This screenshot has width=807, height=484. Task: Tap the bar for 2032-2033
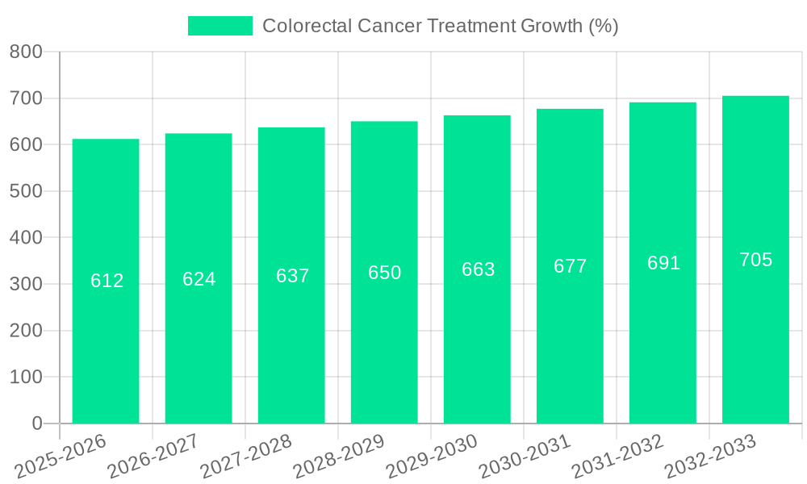(755, 339)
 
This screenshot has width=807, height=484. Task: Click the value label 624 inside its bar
(199, 279)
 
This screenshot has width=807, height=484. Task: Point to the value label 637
(292, 276)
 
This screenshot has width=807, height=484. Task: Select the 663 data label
(478, 269)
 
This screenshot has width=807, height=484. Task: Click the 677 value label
(570, 266)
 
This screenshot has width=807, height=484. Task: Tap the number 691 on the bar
(663, 263)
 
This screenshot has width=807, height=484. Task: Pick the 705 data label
(755, 260)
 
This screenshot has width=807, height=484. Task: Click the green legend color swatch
(220, 26)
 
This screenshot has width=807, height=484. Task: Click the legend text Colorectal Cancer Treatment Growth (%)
(441, 26)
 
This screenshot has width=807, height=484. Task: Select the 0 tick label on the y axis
(36, 423)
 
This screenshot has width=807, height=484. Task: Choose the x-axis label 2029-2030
(433, 456)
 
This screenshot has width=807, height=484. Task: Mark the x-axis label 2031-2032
(619, 456)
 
